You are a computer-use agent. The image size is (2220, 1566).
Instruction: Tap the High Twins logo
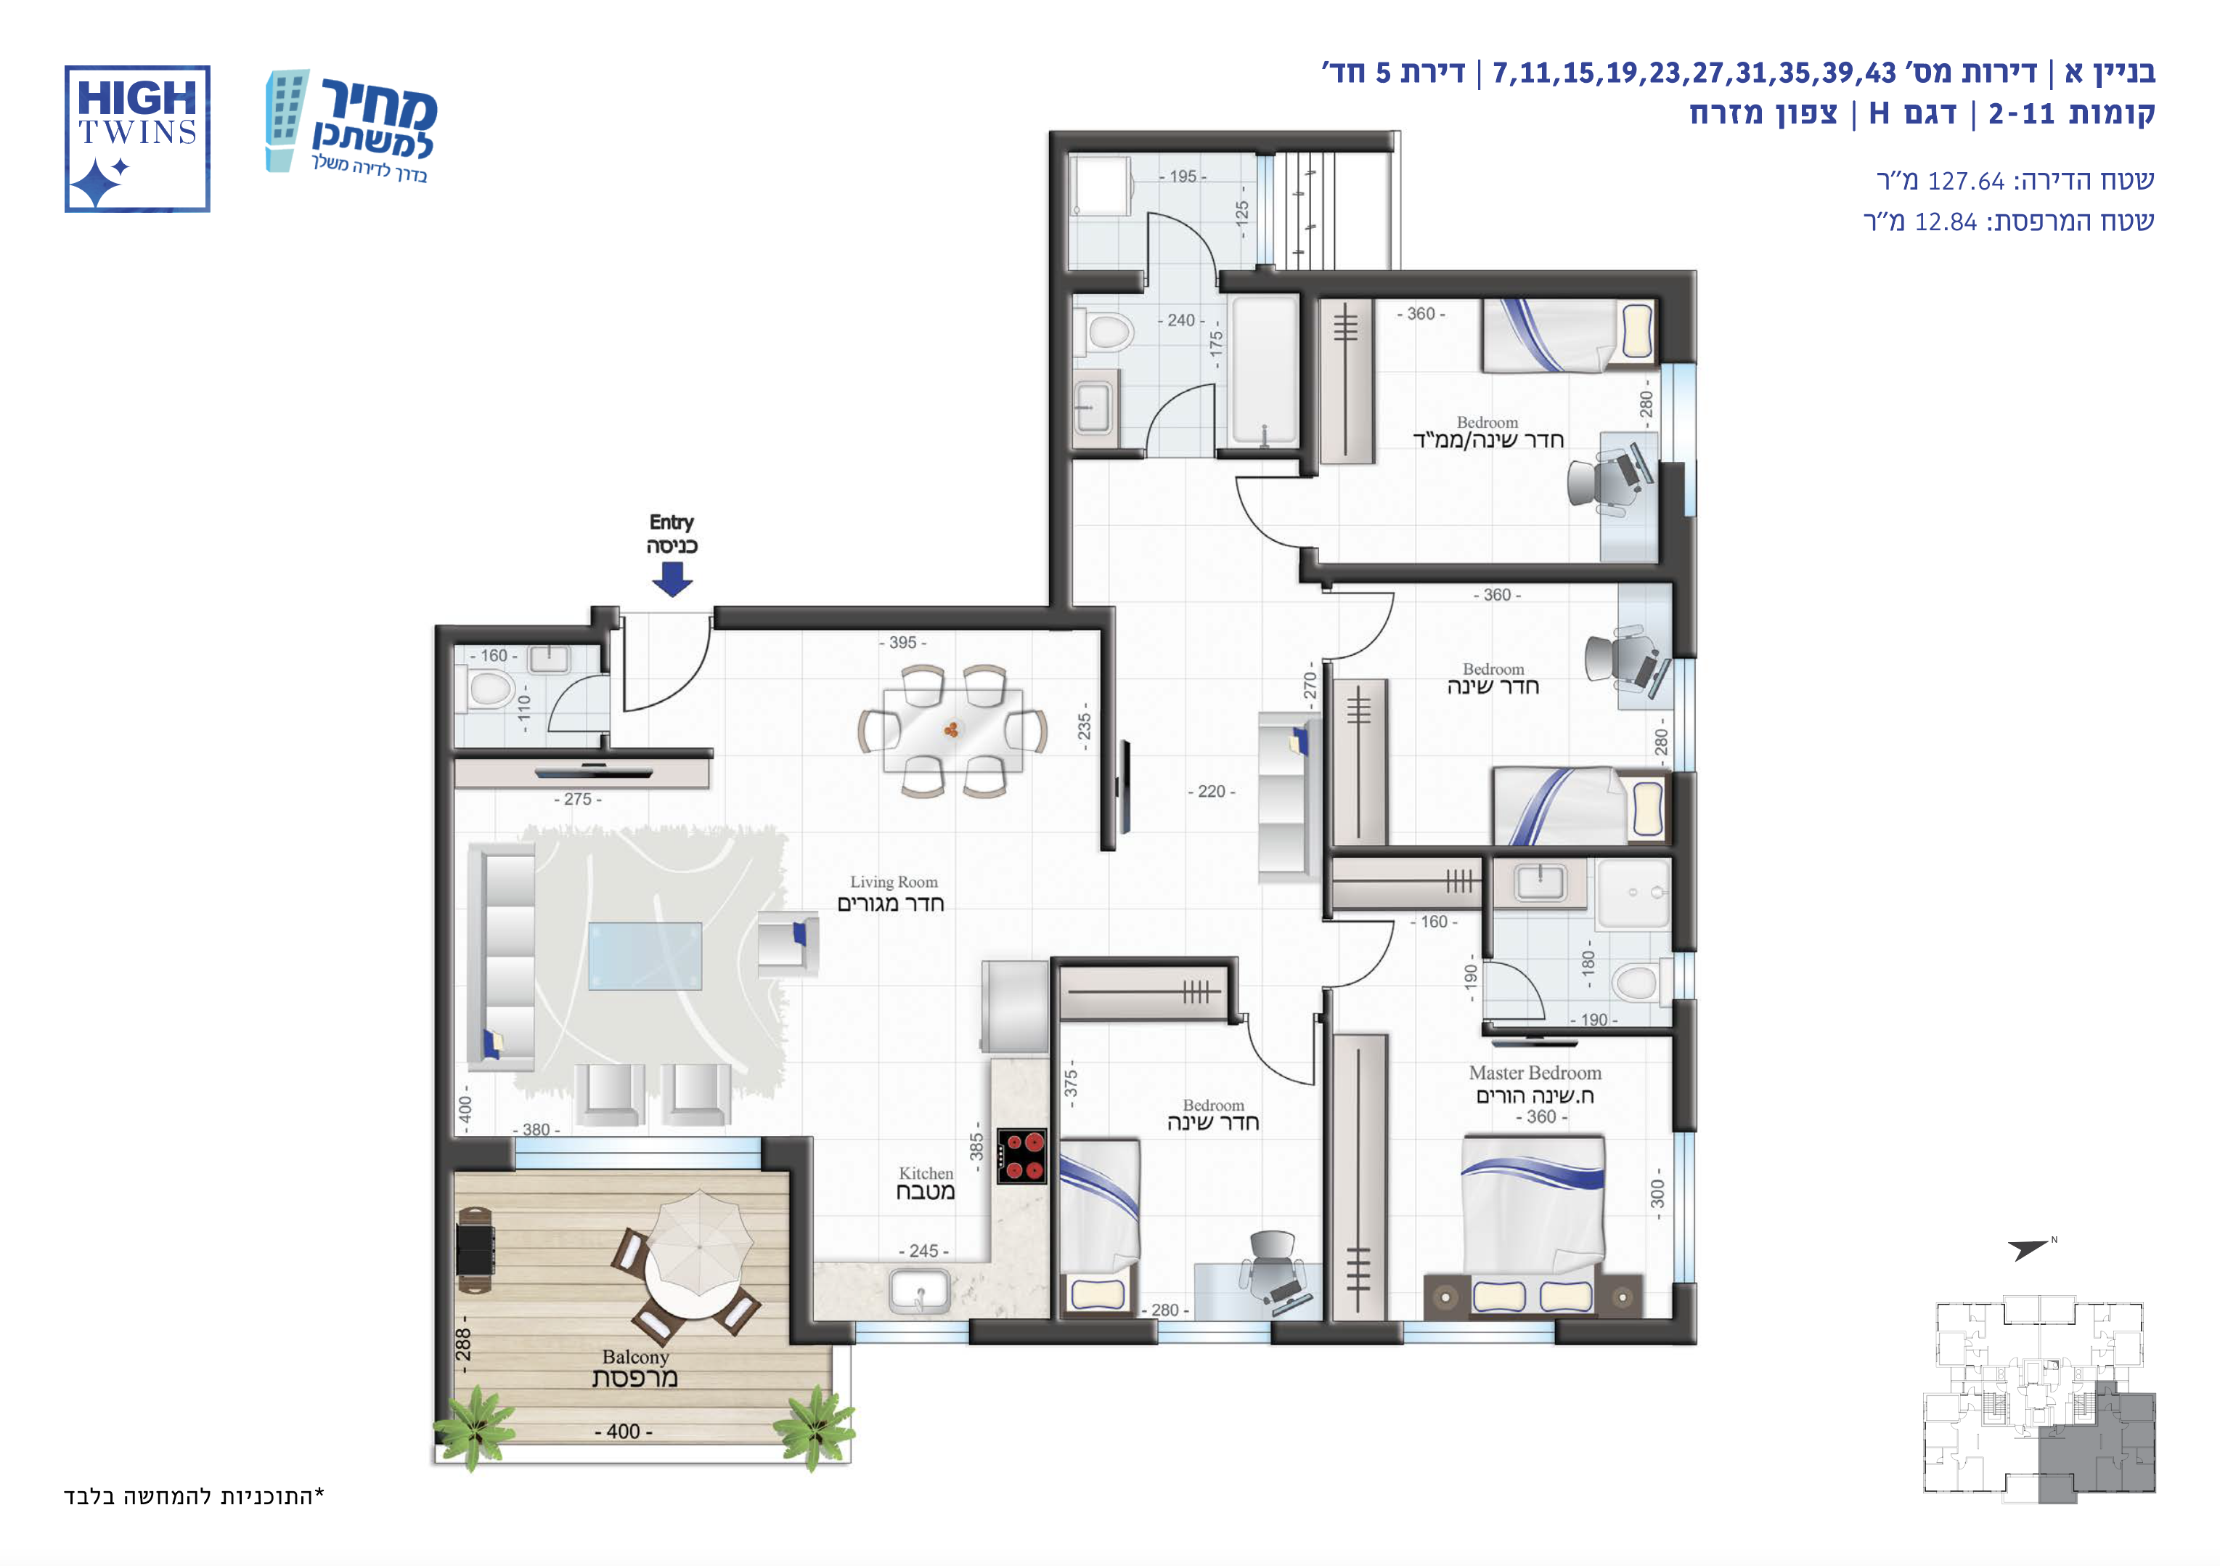tap(137, 138)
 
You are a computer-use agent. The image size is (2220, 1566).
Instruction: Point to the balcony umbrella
tap(698, 1243)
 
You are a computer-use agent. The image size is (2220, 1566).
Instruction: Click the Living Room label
tap(891, 893)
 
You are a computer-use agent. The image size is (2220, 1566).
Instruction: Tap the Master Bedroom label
tap(1535, 1083)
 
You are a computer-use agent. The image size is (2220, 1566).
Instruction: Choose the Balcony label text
tap(635, 1368)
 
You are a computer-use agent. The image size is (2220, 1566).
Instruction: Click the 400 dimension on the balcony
tap(624, 1432)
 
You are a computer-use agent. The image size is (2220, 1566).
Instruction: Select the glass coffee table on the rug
tap(645, 956)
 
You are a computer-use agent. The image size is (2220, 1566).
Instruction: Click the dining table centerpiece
tap(952, 729)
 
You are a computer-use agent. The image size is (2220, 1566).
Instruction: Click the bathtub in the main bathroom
tap(1264, 371)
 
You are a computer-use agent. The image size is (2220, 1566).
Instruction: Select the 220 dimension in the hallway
tap(1212, 791)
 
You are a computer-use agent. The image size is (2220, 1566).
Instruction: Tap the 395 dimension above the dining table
tap(903, 642)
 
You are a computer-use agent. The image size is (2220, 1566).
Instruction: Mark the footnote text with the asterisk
tap(195, 1496)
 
